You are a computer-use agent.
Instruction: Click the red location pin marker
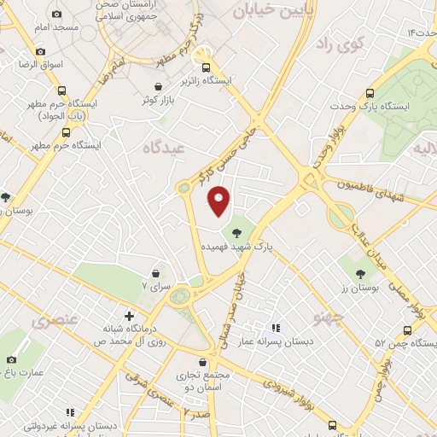(x=219, y=201)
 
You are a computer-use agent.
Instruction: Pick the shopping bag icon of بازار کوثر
(x=160, y=85)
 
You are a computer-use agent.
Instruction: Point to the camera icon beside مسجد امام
(x=57, y=14)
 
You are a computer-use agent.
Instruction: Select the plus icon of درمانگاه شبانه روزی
(x=129, y=316)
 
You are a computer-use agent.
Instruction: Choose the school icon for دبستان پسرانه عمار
(x=275, y=327)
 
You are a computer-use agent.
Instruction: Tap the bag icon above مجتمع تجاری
(x=202, y=362)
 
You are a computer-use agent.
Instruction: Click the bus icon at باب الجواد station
(x=61, y=90)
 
